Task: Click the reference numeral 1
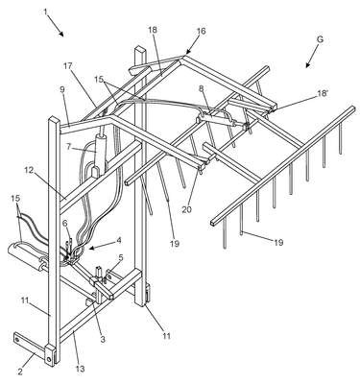tap(45, 12)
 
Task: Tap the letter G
tap(321, 40)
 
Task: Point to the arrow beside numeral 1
tap(59, 28)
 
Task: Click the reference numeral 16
tap(202, 32)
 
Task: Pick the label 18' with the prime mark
tap(323, 94)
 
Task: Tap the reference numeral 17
tap(68, 66)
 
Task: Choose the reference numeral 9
tap(62, 90)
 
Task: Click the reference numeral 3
tap(103, 340)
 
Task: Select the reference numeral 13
tap(81, 369)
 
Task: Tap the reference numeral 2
tap(20, 372)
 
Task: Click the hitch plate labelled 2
tap(34, 349)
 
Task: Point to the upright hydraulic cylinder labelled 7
tap(99, 155)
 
